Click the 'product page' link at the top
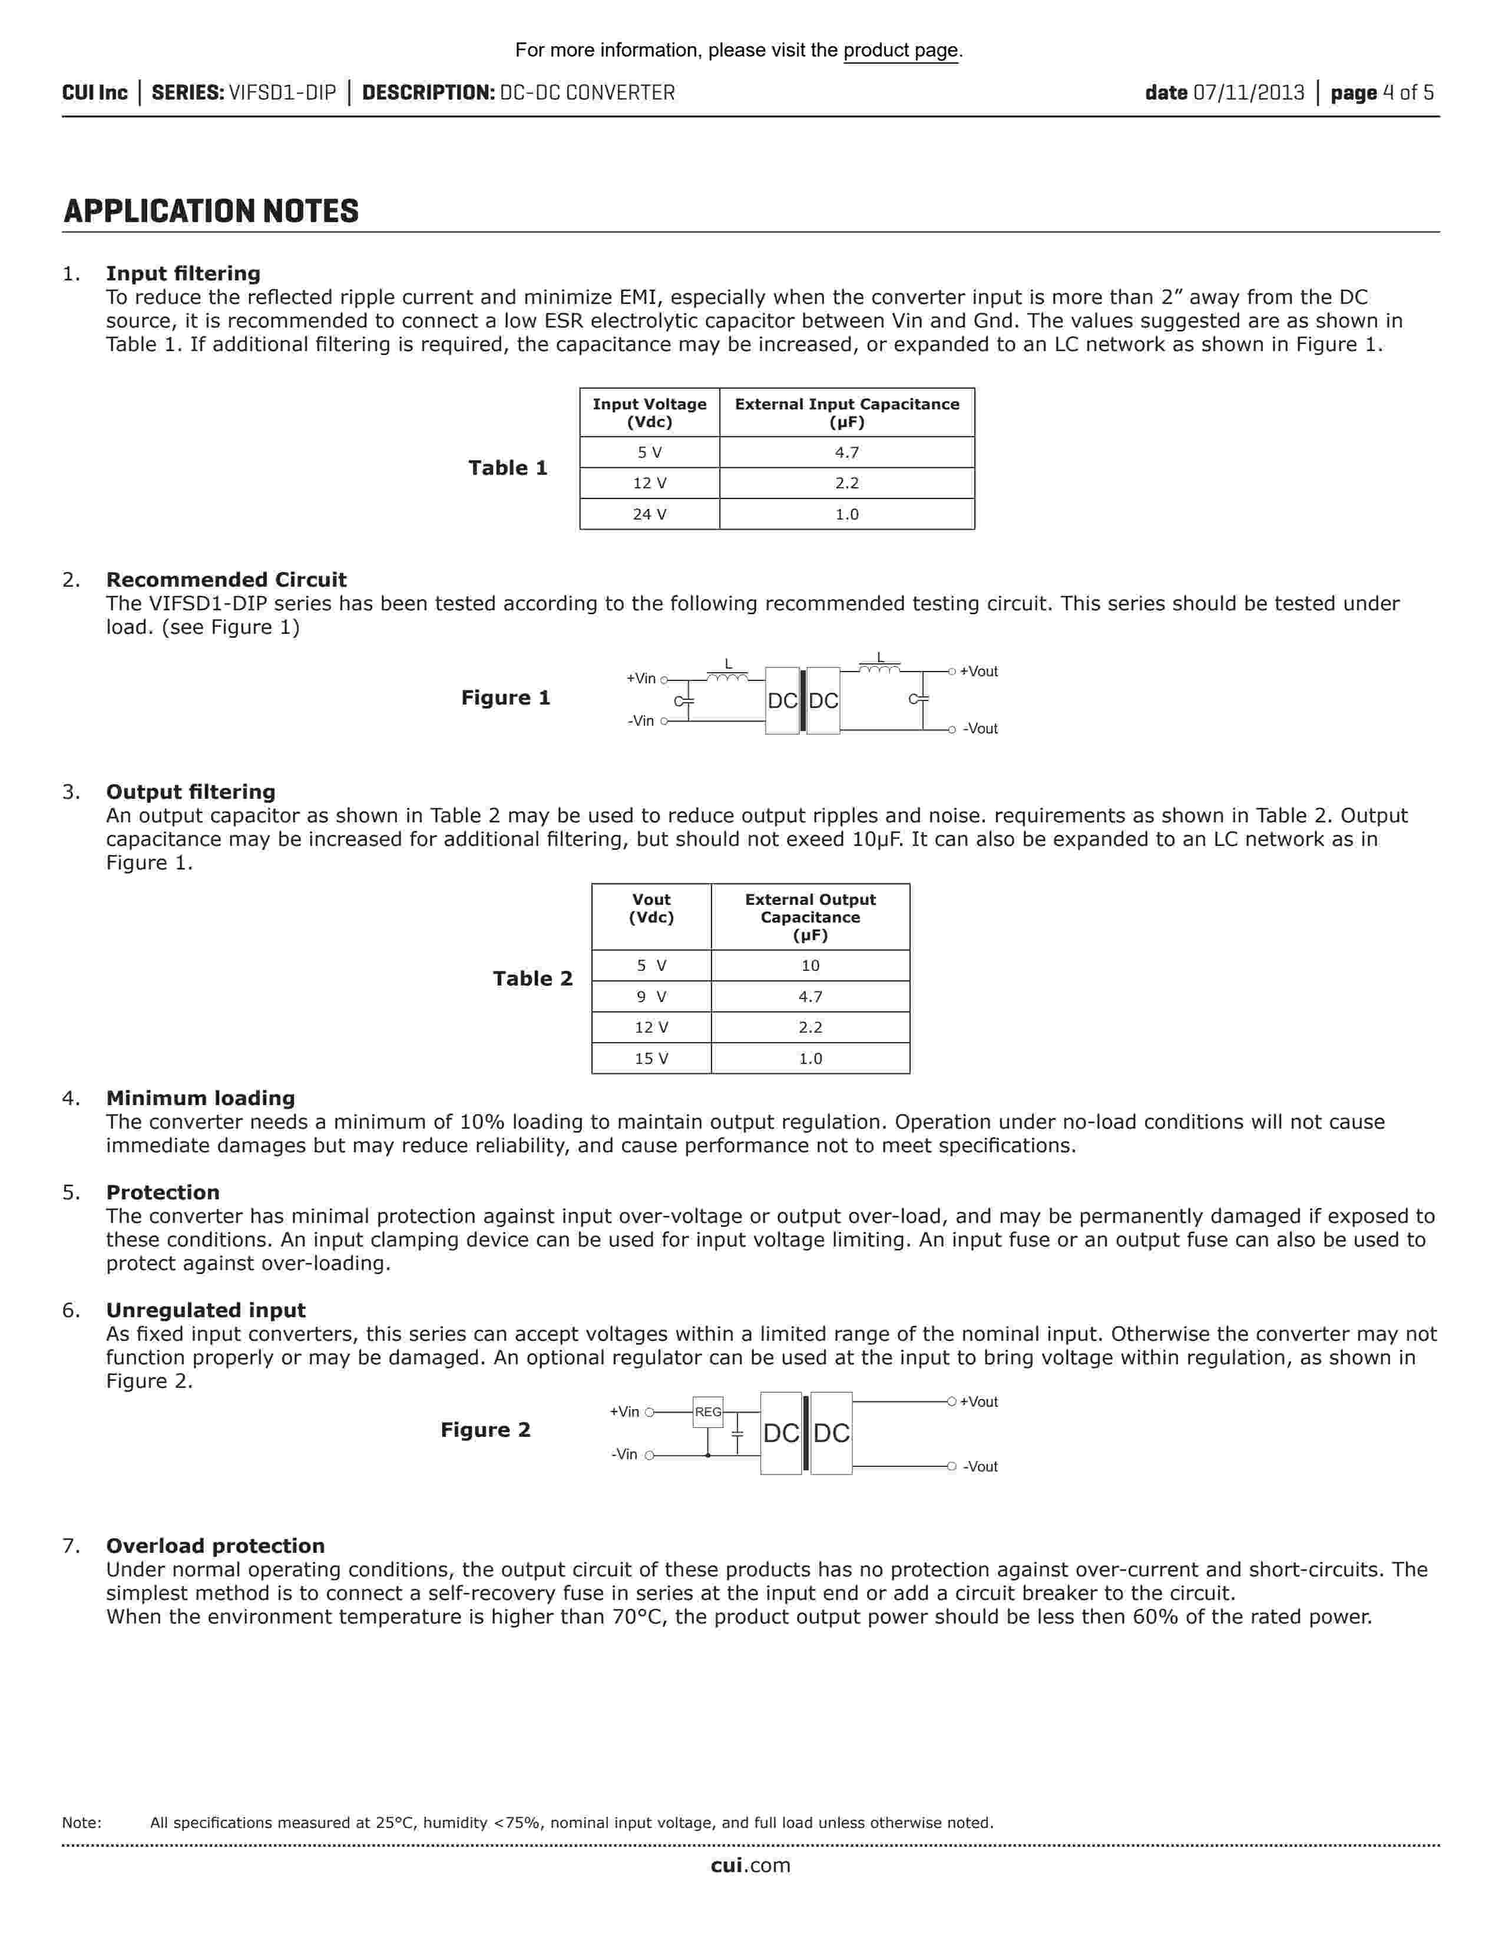point(901,51)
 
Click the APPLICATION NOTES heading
point(211,212)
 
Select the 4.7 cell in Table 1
point(846,453)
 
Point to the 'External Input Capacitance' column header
point(846,413)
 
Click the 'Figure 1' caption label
point(505,698)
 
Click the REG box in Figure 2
point(708,1413)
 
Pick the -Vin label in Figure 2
point(624,1454)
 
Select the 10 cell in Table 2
point(810,966)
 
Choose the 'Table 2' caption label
point(533,979)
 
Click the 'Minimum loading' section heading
point(200,1099)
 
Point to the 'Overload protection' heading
point(216,1546)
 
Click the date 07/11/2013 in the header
point(1248,92)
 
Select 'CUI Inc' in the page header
point(94,92)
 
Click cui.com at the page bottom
point(750,1866)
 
